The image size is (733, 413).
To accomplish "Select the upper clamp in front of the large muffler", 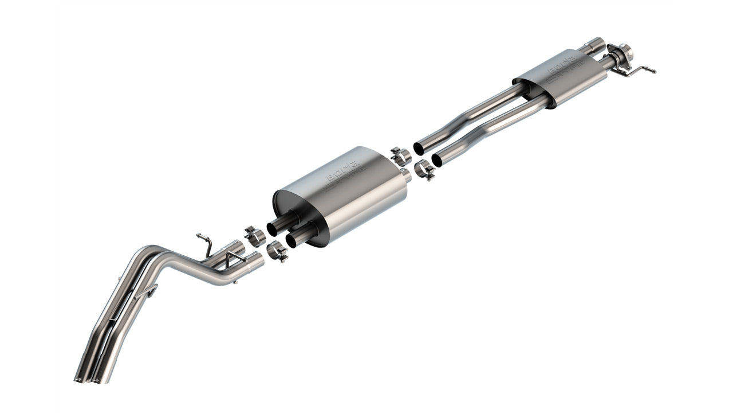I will tap(401, 155).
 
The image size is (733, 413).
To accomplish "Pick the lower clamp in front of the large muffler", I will tap(424, 170).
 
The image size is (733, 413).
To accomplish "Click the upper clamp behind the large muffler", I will tap(254, 236).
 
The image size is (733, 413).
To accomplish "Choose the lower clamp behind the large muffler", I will tap(278, 251).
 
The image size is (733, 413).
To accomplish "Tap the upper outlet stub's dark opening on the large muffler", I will tap(273, 229).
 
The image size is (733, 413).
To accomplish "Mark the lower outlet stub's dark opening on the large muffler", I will tap(291, 241).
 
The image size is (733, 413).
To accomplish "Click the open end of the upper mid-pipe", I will tap(418, 149).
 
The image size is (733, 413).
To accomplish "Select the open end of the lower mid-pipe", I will tap(437, 161).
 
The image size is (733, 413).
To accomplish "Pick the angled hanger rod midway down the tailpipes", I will tap(148, 291).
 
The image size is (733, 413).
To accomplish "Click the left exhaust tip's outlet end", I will tap(80, 379).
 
